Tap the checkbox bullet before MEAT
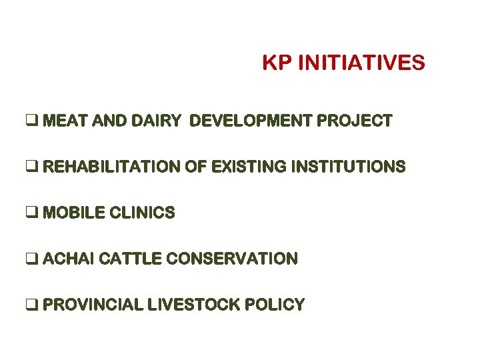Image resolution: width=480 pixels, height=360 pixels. [32, 121]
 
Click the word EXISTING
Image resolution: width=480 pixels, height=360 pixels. [249, 167]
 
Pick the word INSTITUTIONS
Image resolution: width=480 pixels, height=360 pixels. [348, 167]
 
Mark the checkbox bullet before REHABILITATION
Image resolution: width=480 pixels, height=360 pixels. [32, 167]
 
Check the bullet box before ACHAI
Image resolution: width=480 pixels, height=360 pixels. [32, 259]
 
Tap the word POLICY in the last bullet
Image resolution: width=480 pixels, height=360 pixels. [275, 305]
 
